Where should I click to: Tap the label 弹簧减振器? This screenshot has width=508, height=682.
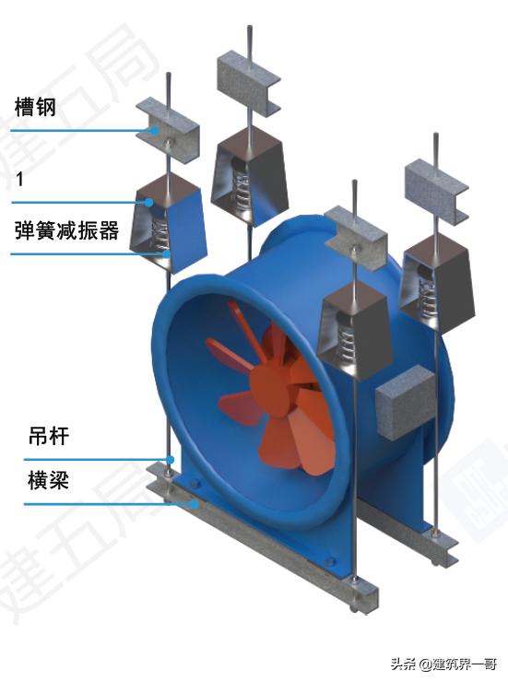[x=67, y=230]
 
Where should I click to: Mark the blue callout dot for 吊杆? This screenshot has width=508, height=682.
[x=171, y=459]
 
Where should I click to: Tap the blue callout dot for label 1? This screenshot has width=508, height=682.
[x=145, y=201]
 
